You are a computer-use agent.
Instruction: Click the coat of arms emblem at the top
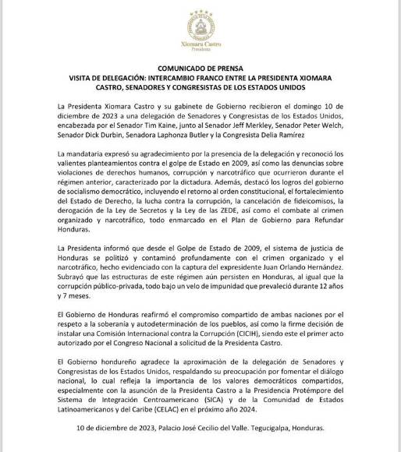[200, 23]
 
